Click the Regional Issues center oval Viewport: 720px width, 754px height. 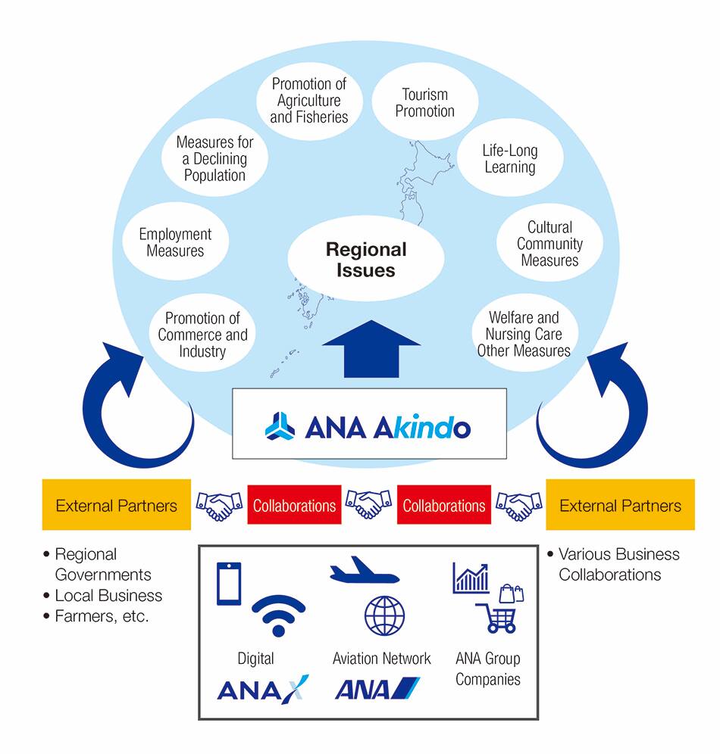point(366,259)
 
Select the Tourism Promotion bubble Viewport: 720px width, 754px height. point(425,102)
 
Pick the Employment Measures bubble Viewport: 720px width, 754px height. point(175,242)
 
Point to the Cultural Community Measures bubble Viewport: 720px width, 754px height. point(550,243)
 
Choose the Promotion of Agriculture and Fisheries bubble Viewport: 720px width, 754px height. point(309,101)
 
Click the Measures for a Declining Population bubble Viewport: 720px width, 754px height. point(215,158)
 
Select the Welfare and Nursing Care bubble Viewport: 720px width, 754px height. point(524,334)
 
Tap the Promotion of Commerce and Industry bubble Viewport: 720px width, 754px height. point(202,335)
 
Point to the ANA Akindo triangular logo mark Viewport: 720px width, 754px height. point(280,425)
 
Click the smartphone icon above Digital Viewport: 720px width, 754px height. point(229,583)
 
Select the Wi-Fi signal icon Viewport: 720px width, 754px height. point(278,614)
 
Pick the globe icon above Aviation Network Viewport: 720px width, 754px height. point(384,614)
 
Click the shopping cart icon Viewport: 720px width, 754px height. point(497,618)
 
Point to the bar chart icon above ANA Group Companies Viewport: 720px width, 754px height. point(471,578)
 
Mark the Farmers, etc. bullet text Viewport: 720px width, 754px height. point(102,616)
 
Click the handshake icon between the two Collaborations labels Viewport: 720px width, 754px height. point(369,505)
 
